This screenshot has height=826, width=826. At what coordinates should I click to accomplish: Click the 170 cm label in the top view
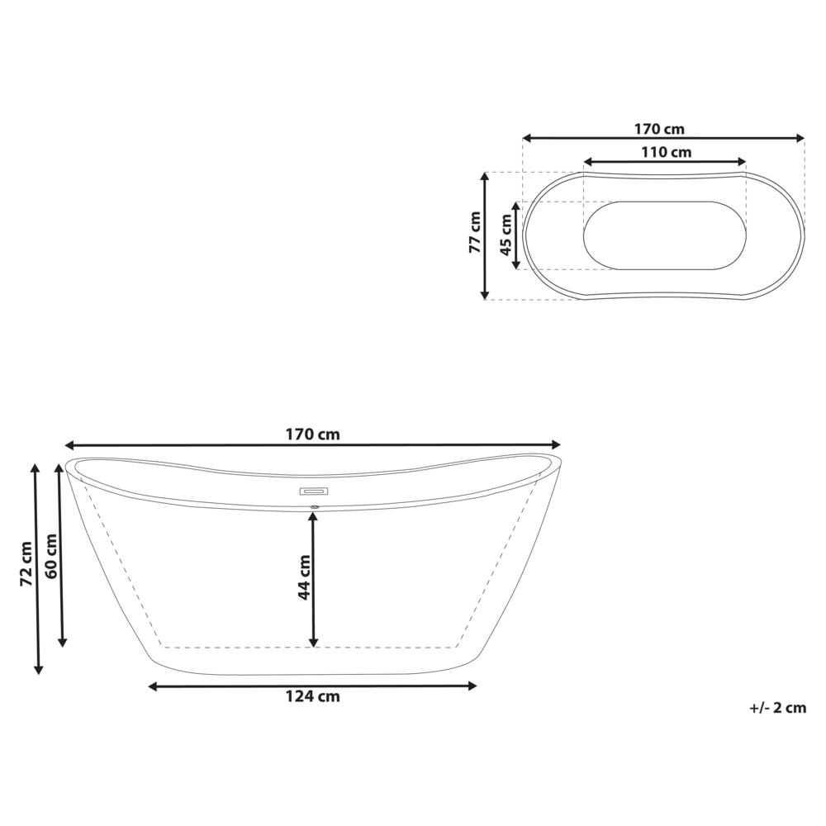pos(659,129)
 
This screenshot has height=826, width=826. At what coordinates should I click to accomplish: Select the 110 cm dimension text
pos(666,152)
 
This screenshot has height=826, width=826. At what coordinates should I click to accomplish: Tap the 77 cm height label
pos(474,233)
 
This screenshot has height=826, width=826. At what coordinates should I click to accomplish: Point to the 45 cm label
pos(506,235)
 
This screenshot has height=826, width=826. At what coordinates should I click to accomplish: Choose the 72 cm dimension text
pos(26,564)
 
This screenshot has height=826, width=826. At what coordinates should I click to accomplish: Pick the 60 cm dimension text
pos(51,556)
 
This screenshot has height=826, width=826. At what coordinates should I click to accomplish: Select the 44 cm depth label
pos(303,577)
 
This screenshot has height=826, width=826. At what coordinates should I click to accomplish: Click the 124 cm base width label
pos(313,696)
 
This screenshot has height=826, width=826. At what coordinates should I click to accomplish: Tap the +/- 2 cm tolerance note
pos(777,708)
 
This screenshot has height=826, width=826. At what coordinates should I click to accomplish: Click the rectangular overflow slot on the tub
pos(313,491)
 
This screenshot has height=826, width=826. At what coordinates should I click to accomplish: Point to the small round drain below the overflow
pos(313,506)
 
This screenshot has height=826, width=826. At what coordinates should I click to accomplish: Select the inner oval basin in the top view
pos(665,235)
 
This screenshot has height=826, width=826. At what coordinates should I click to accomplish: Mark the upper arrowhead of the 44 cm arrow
pos(313,517)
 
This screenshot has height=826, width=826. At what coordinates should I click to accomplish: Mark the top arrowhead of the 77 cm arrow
pos(486,177)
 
